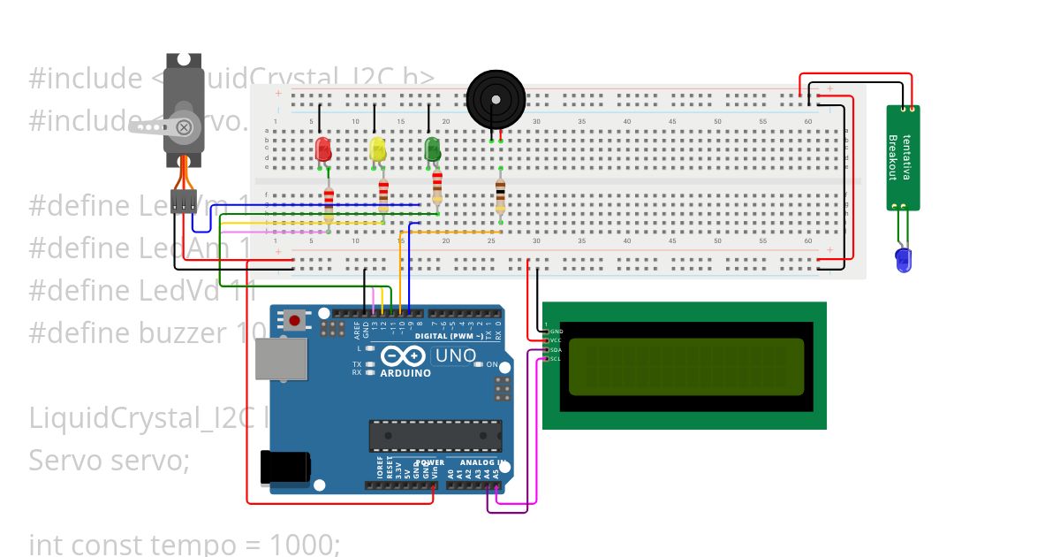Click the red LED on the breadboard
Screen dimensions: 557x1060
tap(322, 149)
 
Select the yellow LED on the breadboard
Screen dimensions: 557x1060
tap(377, 149)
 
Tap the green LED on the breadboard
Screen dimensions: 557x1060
tap(432, 149)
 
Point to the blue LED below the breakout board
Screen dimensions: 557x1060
tap(903, 259)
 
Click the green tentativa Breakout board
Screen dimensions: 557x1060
tap(903, 158)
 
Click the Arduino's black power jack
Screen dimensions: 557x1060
tap(285, 467)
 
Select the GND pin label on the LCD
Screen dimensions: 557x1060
tap(556, 332)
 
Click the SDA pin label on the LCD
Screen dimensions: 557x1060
tap(556, 350)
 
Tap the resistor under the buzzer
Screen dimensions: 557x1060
tap(501, 194)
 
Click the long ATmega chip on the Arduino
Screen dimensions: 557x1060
tap(435, 436)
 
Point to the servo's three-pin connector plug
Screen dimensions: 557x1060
tap(184, 202)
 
